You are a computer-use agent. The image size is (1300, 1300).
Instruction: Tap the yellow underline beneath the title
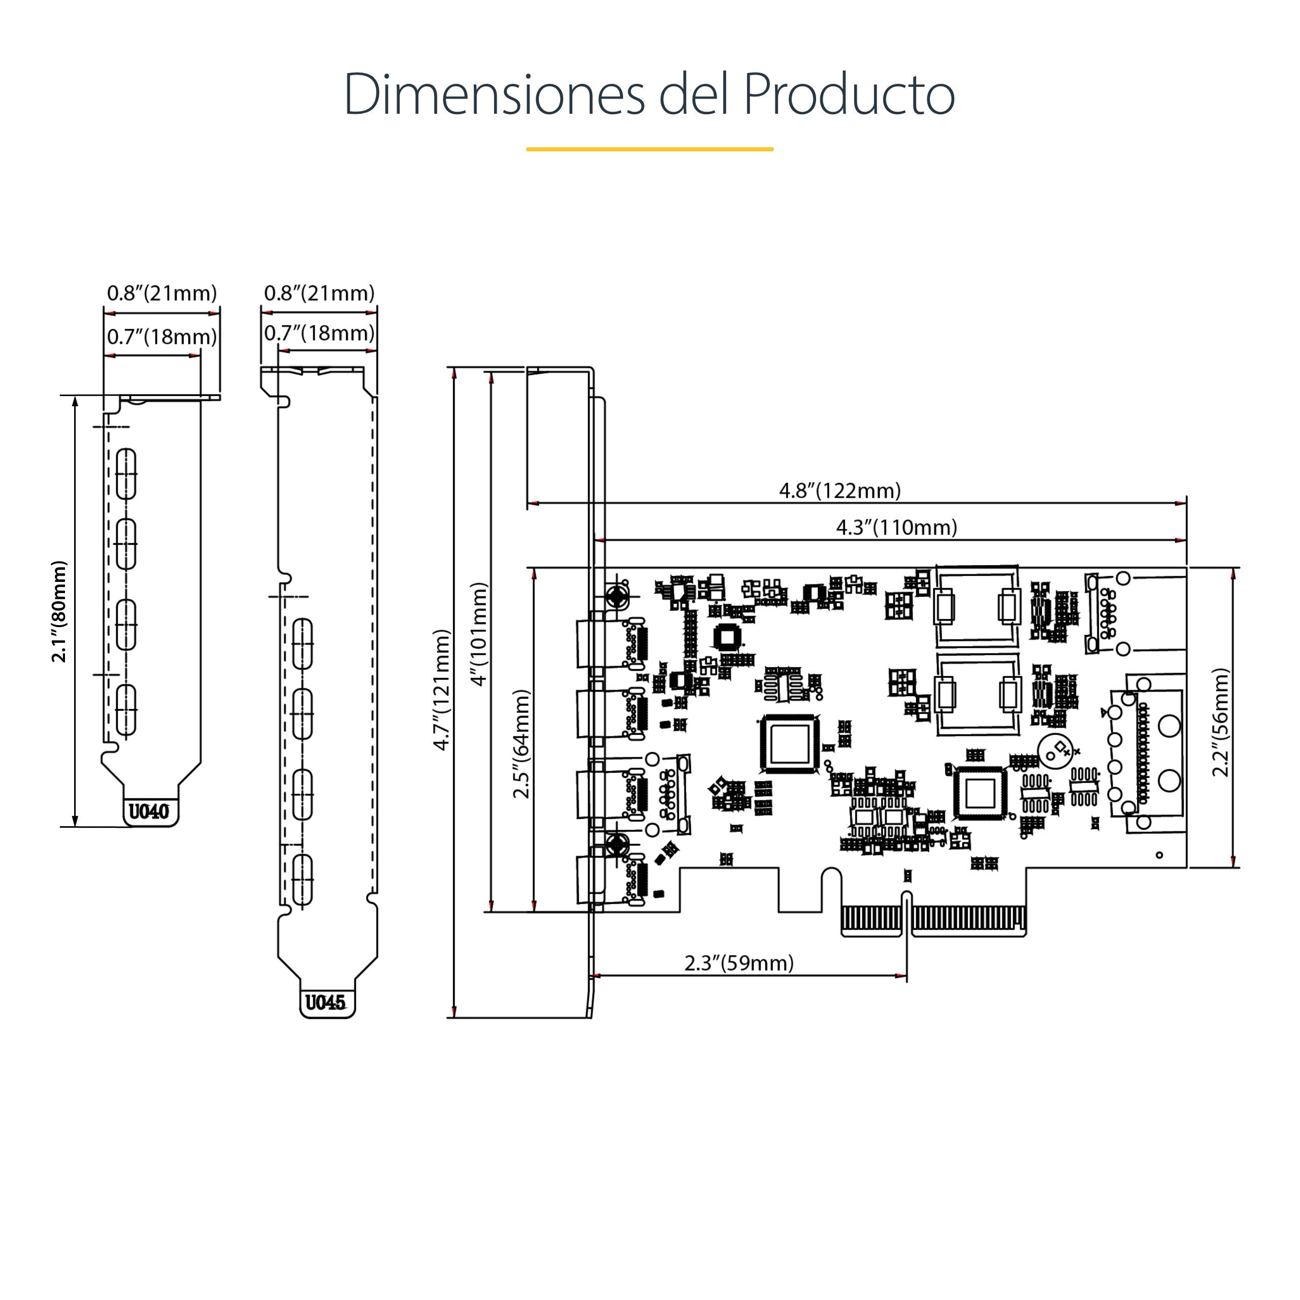click(649, 149)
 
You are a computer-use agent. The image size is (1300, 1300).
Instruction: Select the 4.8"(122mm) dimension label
click(840, 491)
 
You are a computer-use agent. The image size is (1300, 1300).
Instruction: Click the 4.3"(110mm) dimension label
click(896, 527)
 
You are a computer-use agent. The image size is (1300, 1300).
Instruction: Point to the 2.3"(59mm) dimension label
click(739, 963)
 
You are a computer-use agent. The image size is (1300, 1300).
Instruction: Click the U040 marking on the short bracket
click(149, 811)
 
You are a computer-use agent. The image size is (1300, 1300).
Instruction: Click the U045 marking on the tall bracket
click(325, 1002)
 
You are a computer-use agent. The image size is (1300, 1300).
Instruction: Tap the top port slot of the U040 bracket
click(126, 474)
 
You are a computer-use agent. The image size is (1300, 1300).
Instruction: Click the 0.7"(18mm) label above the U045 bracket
click(319, 333)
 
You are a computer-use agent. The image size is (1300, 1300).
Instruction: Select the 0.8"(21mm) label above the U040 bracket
click(162, 294)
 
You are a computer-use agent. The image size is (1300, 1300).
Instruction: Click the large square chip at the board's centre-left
click(789, 743)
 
